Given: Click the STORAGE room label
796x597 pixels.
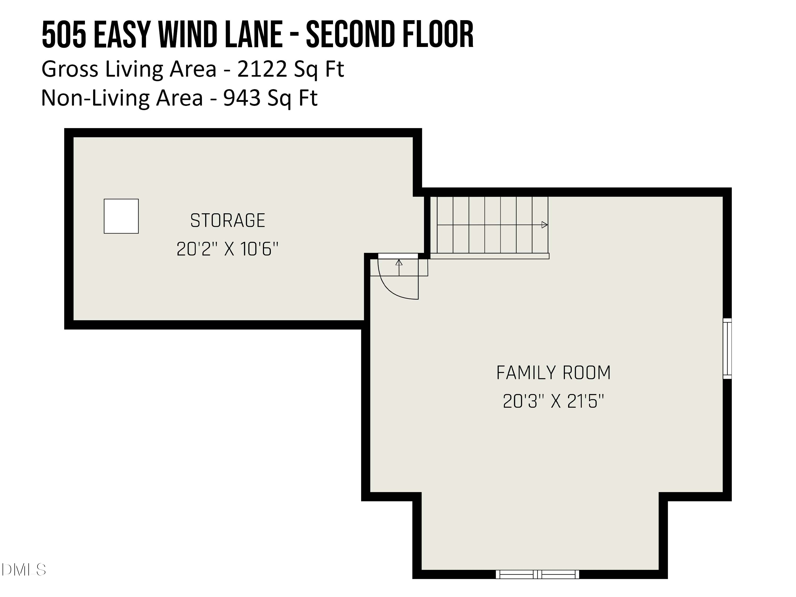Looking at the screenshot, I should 227,220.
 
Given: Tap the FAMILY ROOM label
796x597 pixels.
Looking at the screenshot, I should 553,373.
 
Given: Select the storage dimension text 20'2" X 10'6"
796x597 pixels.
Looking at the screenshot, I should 227,249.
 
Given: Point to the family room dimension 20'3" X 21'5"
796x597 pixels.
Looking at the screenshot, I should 553,401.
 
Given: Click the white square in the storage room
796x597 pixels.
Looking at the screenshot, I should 121,216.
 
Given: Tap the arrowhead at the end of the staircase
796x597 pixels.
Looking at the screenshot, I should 544,225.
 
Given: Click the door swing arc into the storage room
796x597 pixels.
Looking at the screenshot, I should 389,288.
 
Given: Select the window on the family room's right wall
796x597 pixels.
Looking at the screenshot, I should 727,348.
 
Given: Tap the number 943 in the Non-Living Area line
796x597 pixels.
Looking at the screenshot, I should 241,98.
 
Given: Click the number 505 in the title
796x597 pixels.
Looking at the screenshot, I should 64,35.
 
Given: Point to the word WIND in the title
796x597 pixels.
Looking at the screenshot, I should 187,35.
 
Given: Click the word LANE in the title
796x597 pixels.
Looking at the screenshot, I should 254,35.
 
